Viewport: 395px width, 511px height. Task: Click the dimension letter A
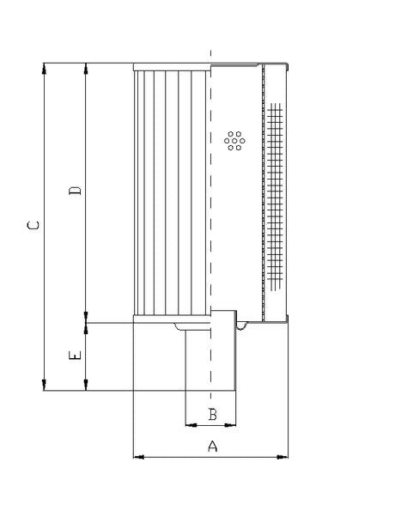[x=213, y=446]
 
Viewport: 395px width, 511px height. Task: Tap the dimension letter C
[x=33, y=226]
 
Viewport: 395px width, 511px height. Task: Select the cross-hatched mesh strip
[x=275, y=198]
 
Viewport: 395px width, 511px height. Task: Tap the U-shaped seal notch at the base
[x=243, y=325]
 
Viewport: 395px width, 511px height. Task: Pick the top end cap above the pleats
[x=172, y=66]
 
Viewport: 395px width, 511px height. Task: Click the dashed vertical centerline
[x=210, y=258]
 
